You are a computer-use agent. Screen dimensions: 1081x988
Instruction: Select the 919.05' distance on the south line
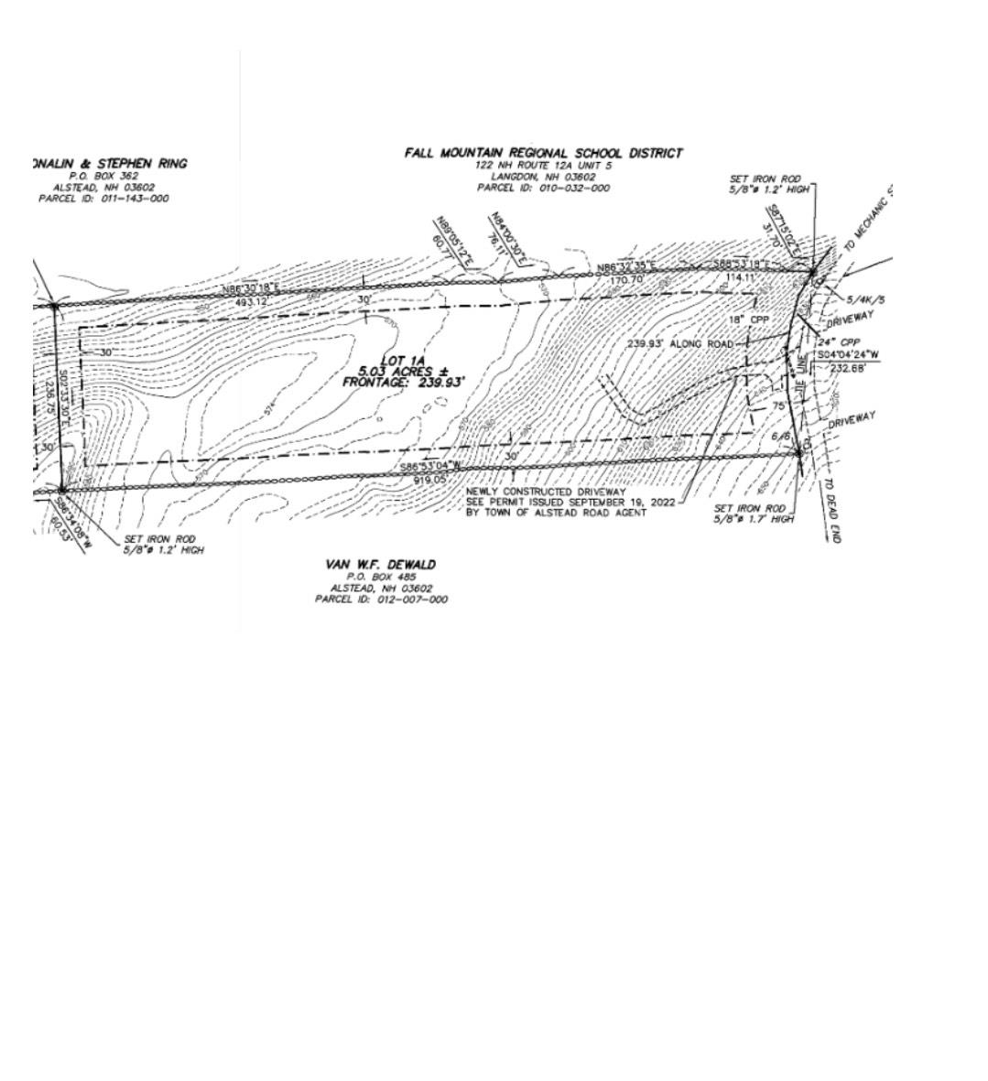(429, 479)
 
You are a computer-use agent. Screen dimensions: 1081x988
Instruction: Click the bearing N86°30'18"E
(250, 290)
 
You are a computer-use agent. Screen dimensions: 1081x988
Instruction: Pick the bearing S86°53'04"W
(431, 468)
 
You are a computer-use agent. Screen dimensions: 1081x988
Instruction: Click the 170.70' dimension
(626, 278)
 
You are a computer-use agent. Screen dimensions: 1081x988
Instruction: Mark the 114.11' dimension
(741, 276)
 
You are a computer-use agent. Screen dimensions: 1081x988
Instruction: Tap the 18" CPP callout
(749, 319)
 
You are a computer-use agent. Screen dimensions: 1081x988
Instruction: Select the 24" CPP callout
(838, 342)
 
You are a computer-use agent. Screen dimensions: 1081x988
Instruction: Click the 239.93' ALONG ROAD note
(679, 344)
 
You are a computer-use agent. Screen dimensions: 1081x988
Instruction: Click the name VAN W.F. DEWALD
(380, 565)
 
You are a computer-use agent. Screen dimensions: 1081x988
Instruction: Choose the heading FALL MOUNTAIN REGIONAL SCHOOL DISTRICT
(543, 153)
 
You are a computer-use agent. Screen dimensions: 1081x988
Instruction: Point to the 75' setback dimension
(779, 405)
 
